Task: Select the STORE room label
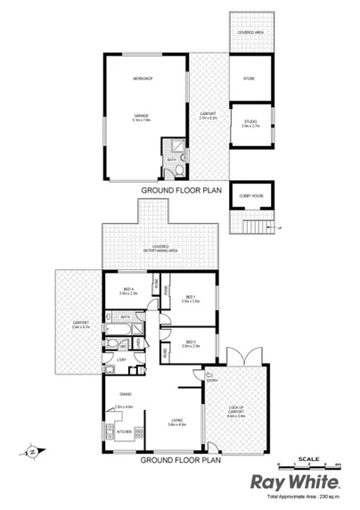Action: (x=249, y=79)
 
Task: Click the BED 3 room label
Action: (x=190, y=342)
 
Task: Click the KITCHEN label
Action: (x=124, y=432)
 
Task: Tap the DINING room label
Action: (x=126, y=392)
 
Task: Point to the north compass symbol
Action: (x=33, y=452)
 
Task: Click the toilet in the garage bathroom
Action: (x=179, y=168)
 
